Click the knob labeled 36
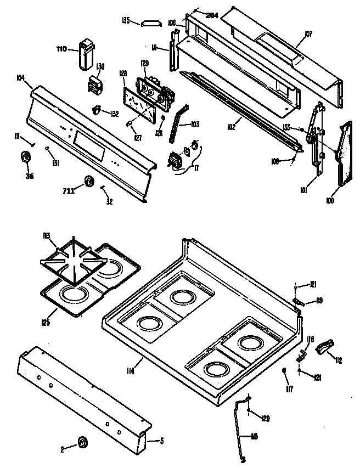point(25,157)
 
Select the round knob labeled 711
point(88,182)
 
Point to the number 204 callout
point(212,15)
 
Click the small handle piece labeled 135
point(149,22)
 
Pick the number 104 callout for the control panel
point(21,78)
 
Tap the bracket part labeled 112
point(325,347)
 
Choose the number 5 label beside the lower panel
point(161,439)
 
